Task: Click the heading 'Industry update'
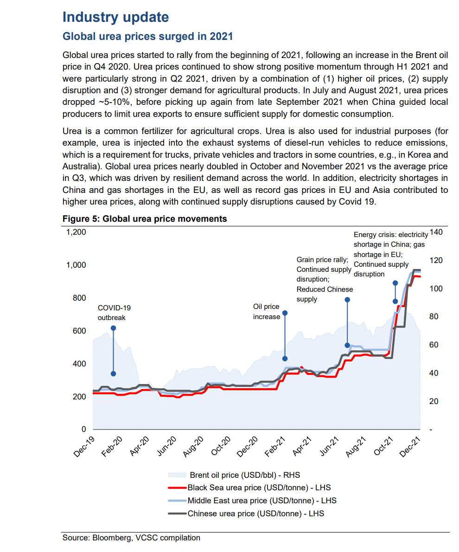(115, 17)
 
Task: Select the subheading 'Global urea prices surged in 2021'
(147, 37)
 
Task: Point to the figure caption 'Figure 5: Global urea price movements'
(145, 219)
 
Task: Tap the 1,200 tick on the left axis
(76, 232)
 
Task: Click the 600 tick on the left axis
(79, 331)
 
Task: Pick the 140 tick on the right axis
(436, 232)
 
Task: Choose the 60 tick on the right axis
(433, 345)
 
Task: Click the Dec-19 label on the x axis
(84, 446)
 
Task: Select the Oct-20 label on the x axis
(221, 446)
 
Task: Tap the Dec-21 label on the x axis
(410, 446)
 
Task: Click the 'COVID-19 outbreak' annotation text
(114, 313)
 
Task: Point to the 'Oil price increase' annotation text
(267, 312)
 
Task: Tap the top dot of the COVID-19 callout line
(113, 328)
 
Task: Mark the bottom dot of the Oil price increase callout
(285, 359)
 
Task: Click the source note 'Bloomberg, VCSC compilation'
(146, 538)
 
